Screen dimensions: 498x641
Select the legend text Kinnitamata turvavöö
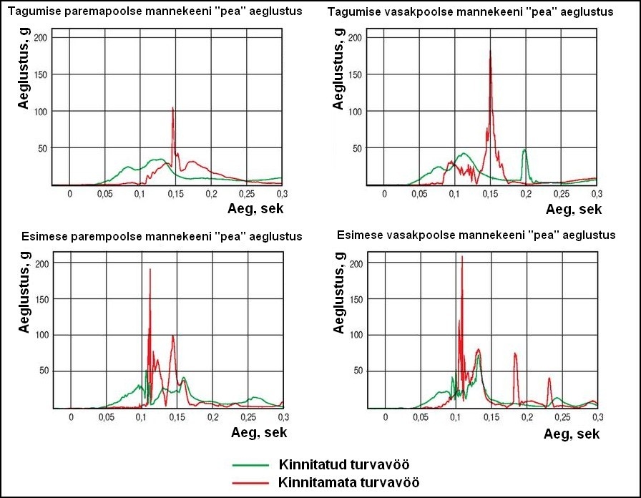click(347, 482)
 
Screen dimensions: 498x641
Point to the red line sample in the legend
click(255, 482)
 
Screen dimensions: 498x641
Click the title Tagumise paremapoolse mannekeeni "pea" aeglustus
click(155, 12)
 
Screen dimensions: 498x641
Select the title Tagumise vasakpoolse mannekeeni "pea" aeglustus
click(470, 12)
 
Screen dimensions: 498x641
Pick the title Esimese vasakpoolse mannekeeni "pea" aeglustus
click(473, 235)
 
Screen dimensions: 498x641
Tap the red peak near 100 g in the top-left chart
click(173, 109)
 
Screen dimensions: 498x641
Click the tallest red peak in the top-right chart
click(490, 52)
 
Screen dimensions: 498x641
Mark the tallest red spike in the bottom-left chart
click(150, 270)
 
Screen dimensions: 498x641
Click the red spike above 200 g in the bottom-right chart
click(462, 257)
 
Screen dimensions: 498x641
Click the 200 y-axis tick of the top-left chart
click(41, 37)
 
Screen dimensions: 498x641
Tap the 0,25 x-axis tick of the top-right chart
click(561, 194)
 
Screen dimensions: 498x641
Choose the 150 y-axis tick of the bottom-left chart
click(41, 299)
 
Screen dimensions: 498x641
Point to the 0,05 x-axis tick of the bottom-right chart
click(421, 416)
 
